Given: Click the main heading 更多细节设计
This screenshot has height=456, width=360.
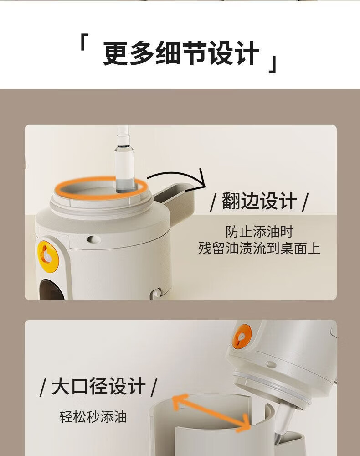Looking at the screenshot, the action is click(181, 53).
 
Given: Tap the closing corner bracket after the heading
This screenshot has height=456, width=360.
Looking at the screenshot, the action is click(273, 64).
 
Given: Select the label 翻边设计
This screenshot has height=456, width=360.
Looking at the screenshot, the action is click(259, 201).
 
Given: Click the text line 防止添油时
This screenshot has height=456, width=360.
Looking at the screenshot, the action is click(259, 232).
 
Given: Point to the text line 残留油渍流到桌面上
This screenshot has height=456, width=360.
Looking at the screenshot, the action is click(259, 249).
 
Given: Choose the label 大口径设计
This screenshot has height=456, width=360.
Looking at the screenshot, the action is click(98, 386).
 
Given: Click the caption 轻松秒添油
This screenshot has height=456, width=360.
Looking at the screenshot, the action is click(93, 416).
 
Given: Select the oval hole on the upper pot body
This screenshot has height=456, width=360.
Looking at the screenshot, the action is click(93, 239).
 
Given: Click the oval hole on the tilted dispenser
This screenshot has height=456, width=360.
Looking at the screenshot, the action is click(271, 364).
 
